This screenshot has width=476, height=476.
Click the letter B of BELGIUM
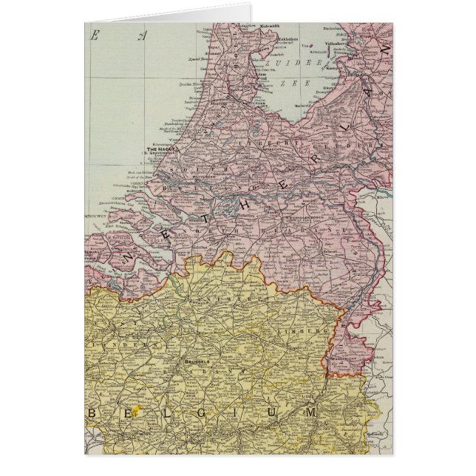click(x=92, y=412)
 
